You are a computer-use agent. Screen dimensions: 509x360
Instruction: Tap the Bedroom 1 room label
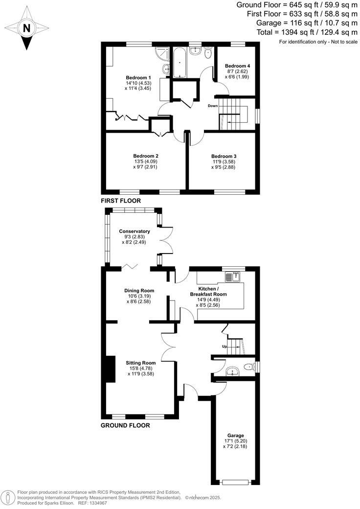[x=138, y=78]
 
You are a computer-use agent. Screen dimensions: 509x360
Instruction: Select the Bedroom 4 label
[x=237, y=66]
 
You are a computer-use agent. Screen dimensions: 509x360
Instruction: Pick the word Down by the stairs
[x=213, y=106]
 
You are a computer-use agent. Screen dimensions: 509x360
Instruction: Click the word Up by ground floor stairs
[x=225, y=346]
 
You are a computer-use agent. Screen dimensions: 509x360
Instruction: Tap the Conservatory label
[x=134, y=231]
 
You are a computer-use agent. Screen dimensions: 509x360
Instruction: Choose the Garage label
[x=235, y=435]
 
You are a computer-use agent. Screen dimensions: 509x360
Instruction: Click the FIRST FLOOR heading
[x=120, y=201]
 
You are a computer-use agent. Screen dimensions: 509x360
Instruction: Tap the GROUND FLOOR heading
[x=125, y=425]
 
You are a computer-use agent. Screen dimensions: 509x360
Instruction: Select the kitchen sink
[x=232, y=278]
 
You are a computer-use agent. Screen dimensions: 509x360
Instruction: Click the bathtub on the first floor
[x=180, y=62]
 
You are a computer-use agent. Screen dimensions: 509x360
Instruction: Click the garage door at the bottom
[x=235, y=482]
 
